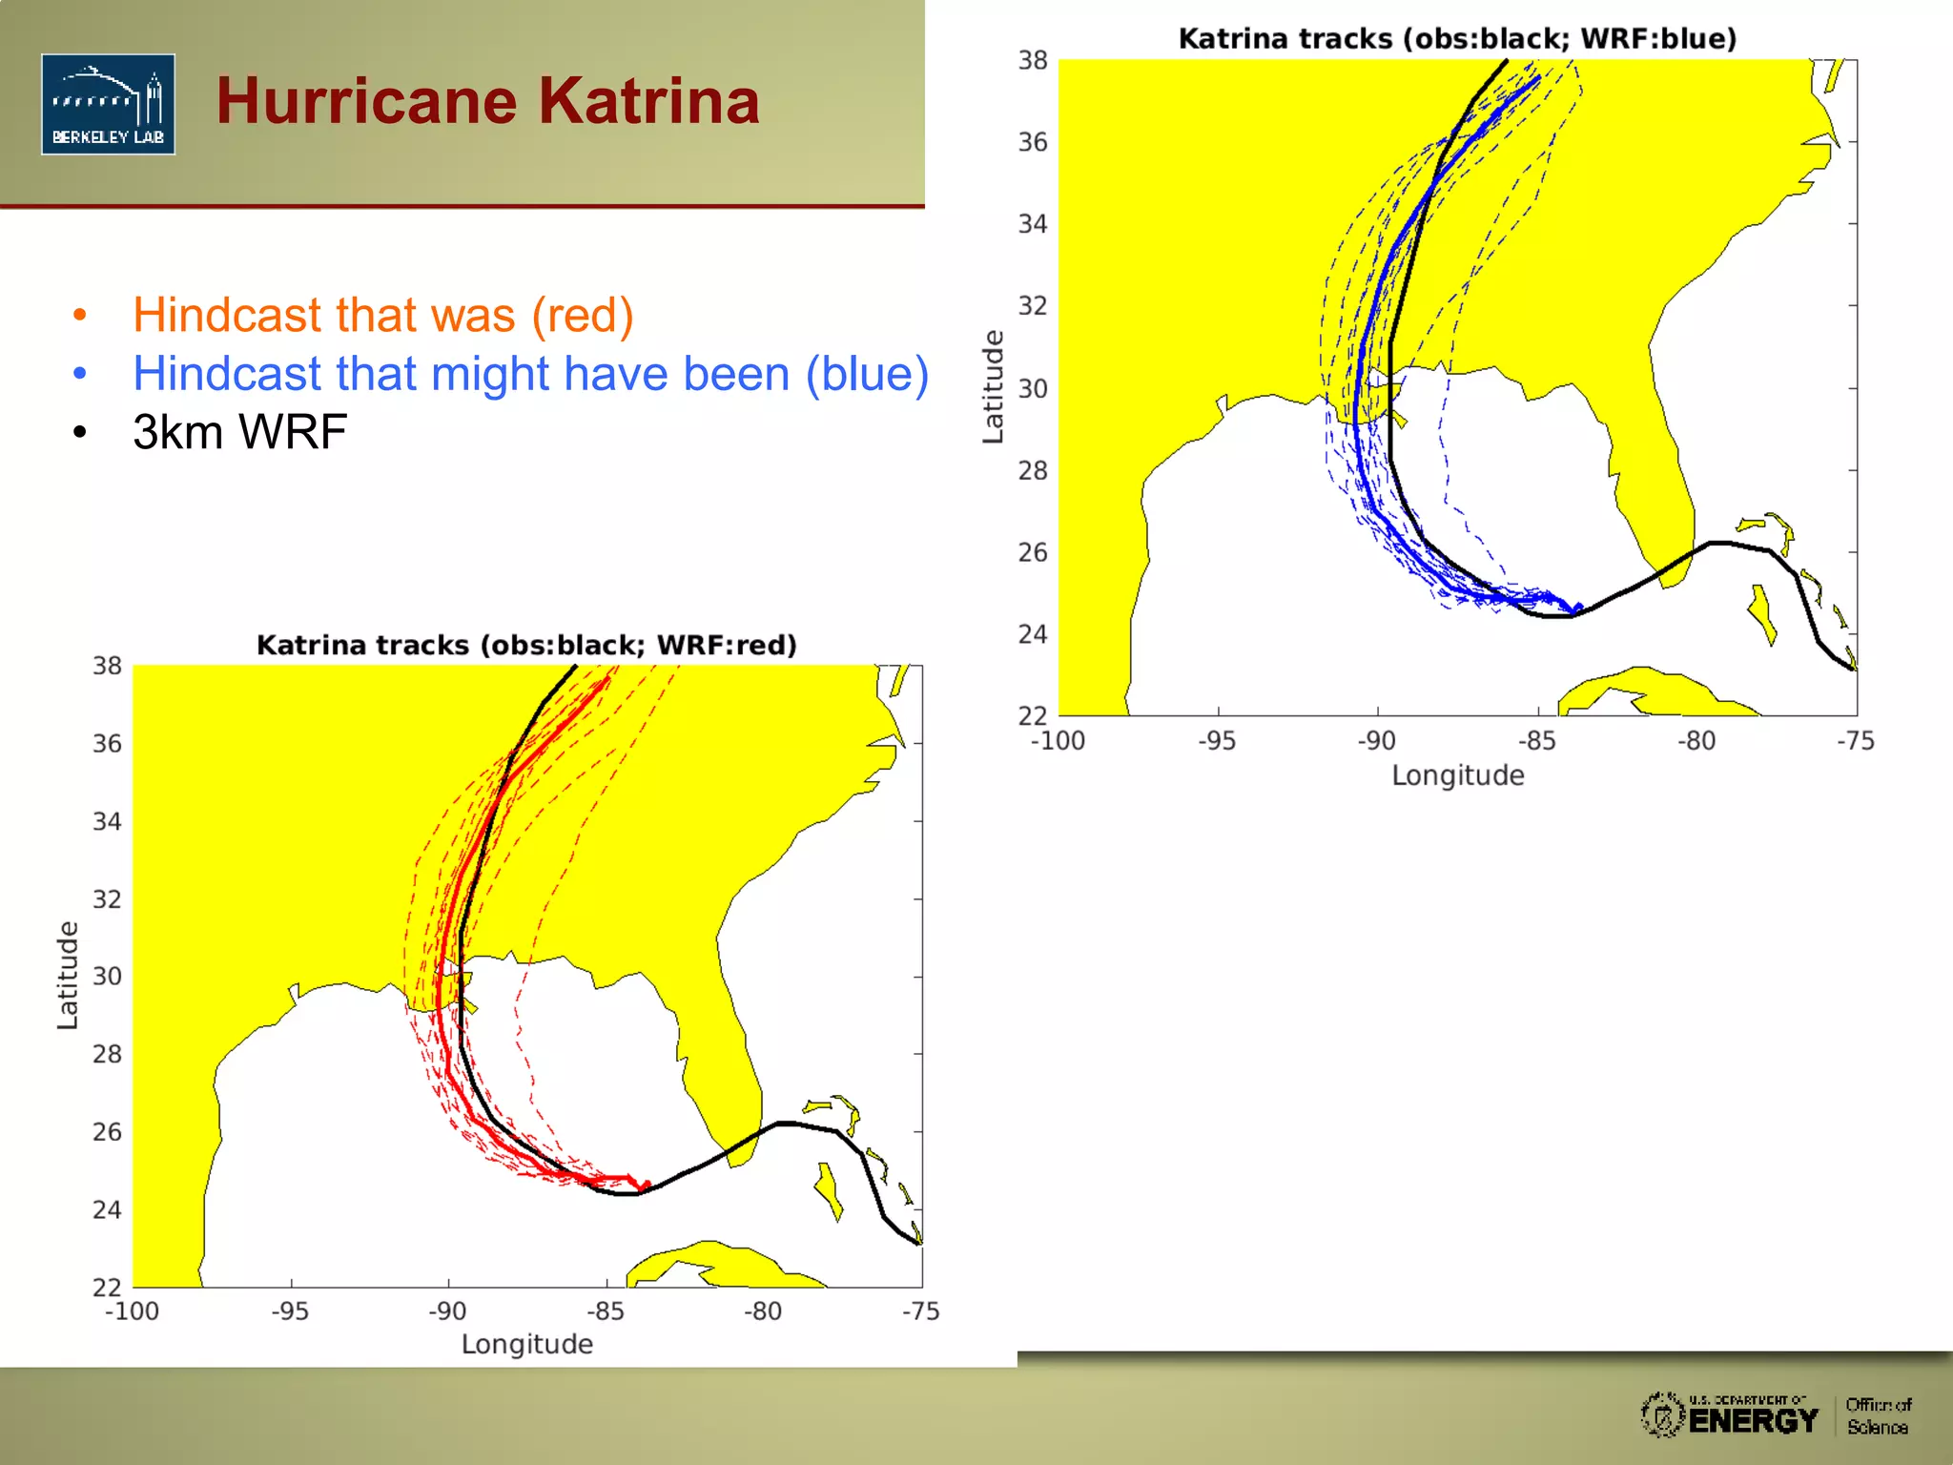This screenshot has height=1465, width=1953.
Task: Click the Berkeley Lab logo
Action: pyautogui.click(x=108, y=104)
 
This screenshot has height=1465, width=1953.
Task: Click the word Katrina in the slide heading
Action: pyautogui.click(x=648, y=101)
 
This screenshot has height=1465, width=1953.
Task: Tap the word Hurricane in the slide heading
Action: pyautogui.click(x=367, y=101)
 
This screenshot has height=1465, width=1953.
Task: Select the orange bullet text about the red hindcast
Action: pyautogui.click(x=382, y=315)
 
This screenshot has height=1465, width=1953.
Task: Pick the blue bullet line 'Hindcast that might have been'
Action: pyautogui.click(x=530, y=373)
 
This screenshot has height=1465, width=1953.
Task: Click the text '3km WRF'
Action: pyautogui.click(x=239, y=432)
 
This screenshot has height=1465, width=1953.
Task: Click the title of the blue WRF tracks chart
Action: pyautogui.click(x=1457, y=39)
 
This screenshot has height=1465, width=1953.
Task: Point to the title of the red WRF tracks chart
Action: pyautogui.click(x=526, y=646)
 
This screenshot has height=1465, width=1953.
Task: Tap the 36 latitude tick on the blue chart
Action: pyautogui.click(x=1033, y=142)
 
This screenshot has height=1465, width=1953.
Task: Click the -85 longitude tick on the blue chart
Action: pyautogui.click(x=1536, y=741)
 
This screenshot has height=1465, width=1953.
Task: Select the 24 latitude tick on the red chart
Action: pyautogui.click(x=107, y=1209)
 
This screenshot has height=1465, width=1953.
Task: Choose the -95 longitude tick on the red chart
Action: pyautogui.click(x=290, y=1311)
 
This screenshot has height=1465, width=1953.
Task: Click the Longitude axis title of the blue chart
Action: pyautogui.click(x=1457, y=775)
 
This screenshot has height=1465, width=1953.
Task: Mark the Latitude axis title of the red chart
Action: pyautogui.click(x=67, y=975)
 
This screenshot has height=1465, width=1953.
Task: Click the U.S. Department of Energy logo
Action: pyautogui.click(x=1730, y=1415)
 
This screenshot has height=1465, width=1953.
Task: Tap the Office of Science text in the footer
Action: pyautogui.click(x=1878, y=1416)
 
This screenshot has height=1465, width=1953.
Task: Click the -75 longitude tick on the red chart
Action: pyautogui.click(x=921, y=1311)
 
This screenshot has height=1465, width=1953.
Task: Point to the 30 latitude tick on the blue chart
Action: pyautogui.click(x=1033, y=388)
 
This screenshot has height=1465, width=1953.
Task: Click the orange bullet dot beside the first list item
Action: pyautogui.click(x=80, y=315)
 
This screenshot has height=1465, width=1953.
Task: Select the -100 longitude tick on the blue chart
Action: pyautogui.click(x=1058, y=741)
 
